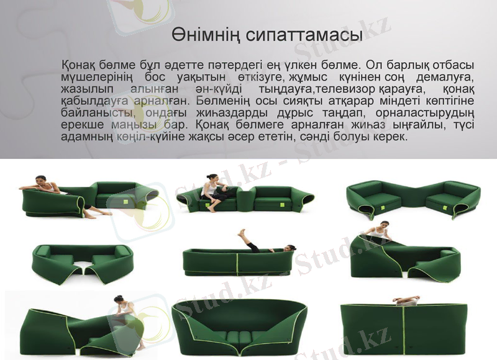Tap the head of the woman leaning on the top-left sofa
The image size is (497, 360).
tap(42, 179)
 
